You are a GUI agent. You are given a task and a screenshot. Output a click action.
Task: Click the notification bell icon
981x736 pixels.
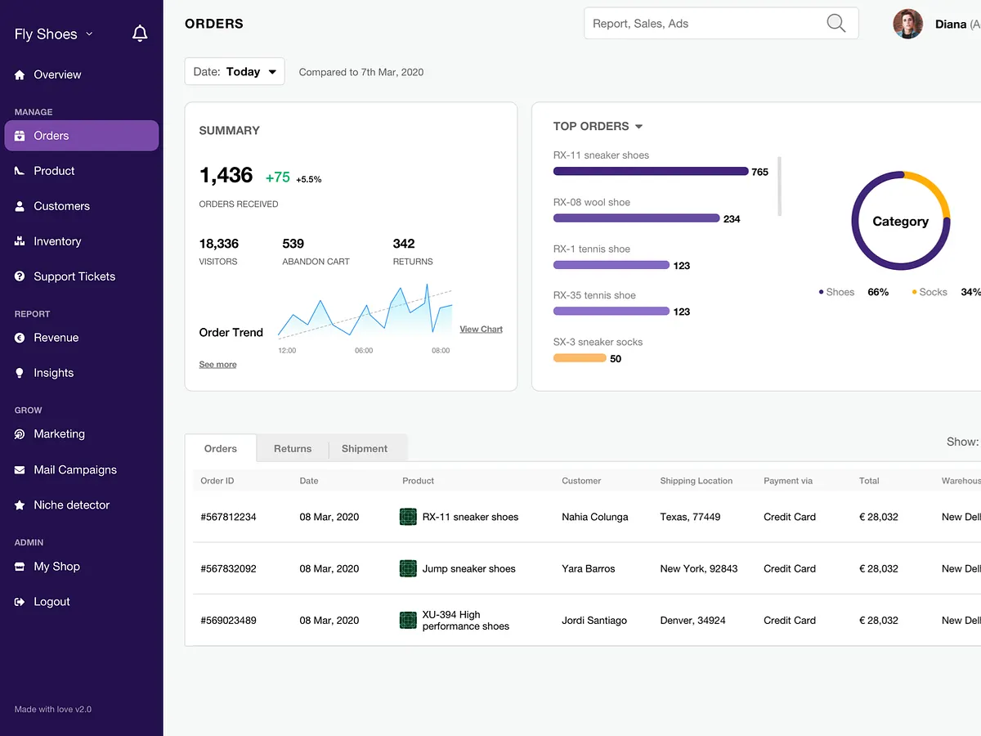pos(140,34)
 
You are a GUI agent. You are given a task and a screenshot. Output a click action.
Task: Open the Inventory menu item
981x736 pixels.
pos(57,241)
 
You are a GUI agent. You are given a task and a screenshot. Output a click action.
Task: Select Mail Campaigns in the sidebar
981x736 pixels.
pos(74,469)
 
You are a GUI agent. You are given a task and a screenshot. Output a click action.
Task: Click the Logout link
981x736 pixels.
pos(52,602)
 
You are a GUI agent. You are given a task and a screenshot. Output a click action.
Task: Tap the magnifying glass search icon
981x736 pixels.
pos(835,24)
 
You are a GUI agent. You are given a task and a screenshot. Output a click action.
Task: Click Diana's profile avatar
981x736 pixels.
pos(907,24)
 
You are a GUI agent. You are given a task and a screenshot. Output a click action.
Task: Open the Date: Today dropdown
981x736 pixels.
pos(235,72)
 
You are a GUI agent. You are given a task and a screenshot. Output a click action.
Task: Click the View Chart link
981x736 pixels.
pos(481,330)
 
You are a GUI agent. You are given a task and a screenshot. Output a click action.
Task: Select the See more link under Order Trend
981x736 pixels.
pos(217,365)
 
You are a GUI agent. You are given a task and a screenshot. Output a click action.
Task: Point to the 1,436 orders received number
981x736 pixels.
pos(226,175)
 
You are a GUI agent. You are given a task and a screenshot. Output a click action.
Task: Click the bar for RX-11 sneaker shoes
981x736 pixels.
pos(650,172)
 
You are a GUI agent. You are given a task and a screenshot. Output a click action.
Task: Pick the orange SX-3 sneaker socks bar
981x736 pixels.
pos(579,358)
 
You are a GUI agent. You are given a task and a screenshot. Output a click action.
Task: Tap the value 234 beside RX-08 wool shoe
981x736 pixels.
pos(732,219)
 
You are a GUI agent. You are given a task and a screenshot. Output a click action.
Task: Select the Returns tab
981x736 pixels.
pos(293,449)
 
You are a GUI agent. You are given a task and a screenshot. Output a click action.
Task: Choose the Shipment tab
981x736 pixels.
pos(365,449)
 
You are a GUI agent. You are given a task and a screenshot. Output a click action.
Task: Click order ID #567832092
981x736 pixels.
pos(228,568)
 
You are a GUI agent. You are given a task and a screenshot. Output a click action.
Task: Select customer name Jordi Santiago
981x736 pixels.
pos(594,621)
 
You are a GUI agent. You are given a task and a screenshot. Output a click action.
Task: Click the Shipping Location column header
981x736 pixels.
pos(696,481)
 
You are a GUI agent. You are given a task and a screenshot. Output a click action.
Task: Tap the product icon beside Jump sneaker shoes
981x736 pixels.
pos(408,568)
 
